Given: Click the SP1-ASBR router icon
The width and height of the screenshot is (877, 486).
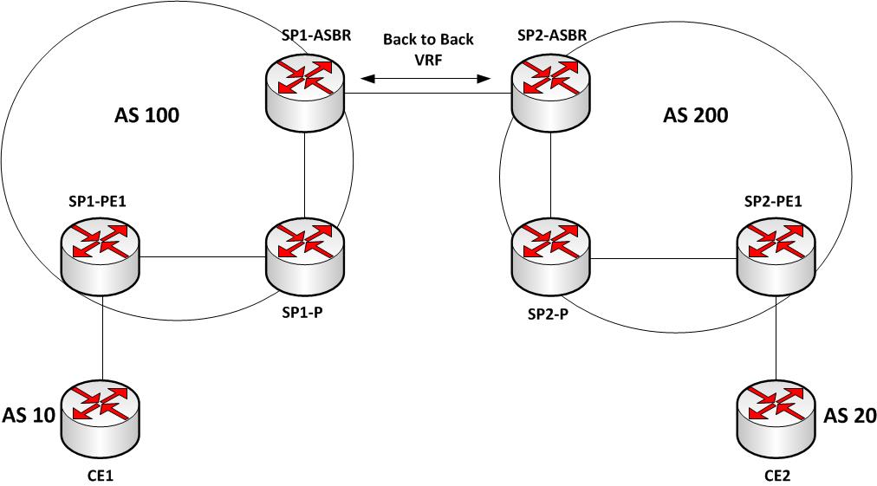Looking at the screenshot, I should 305,87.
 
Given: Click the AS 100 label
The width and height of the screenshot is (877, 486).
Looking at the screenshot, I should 147,115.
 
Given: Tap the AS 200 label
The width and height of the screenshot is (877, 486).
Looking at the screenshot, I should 696,115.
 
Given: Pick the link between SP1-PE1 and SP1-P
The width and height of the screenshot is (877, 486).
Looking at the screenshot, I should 203,257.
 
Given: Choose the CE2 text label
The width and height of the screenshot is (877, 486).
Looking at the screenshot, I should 777,476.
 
